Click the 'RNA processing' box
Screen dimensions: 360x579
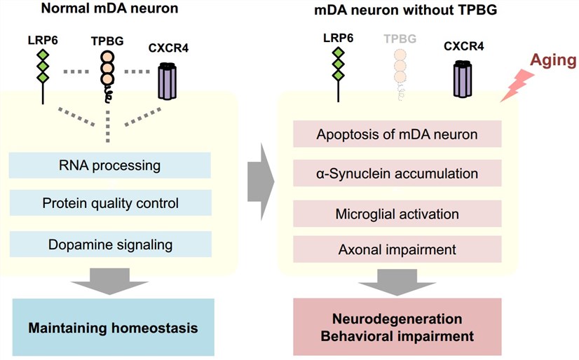110,166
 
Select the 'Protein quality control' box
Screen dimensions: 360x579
110,203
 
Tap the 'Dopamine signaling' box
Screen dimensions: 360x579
110,244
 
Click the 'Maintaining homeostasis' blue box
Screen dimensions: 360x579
113,326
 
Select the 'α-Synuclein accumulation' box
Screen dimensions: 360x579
397,173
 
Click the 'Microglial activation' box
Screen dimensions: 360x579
397,212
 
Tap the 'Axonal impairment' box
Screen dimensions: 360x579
397,249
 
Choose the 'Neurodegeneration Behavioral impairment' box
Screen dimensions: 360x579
397,326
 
